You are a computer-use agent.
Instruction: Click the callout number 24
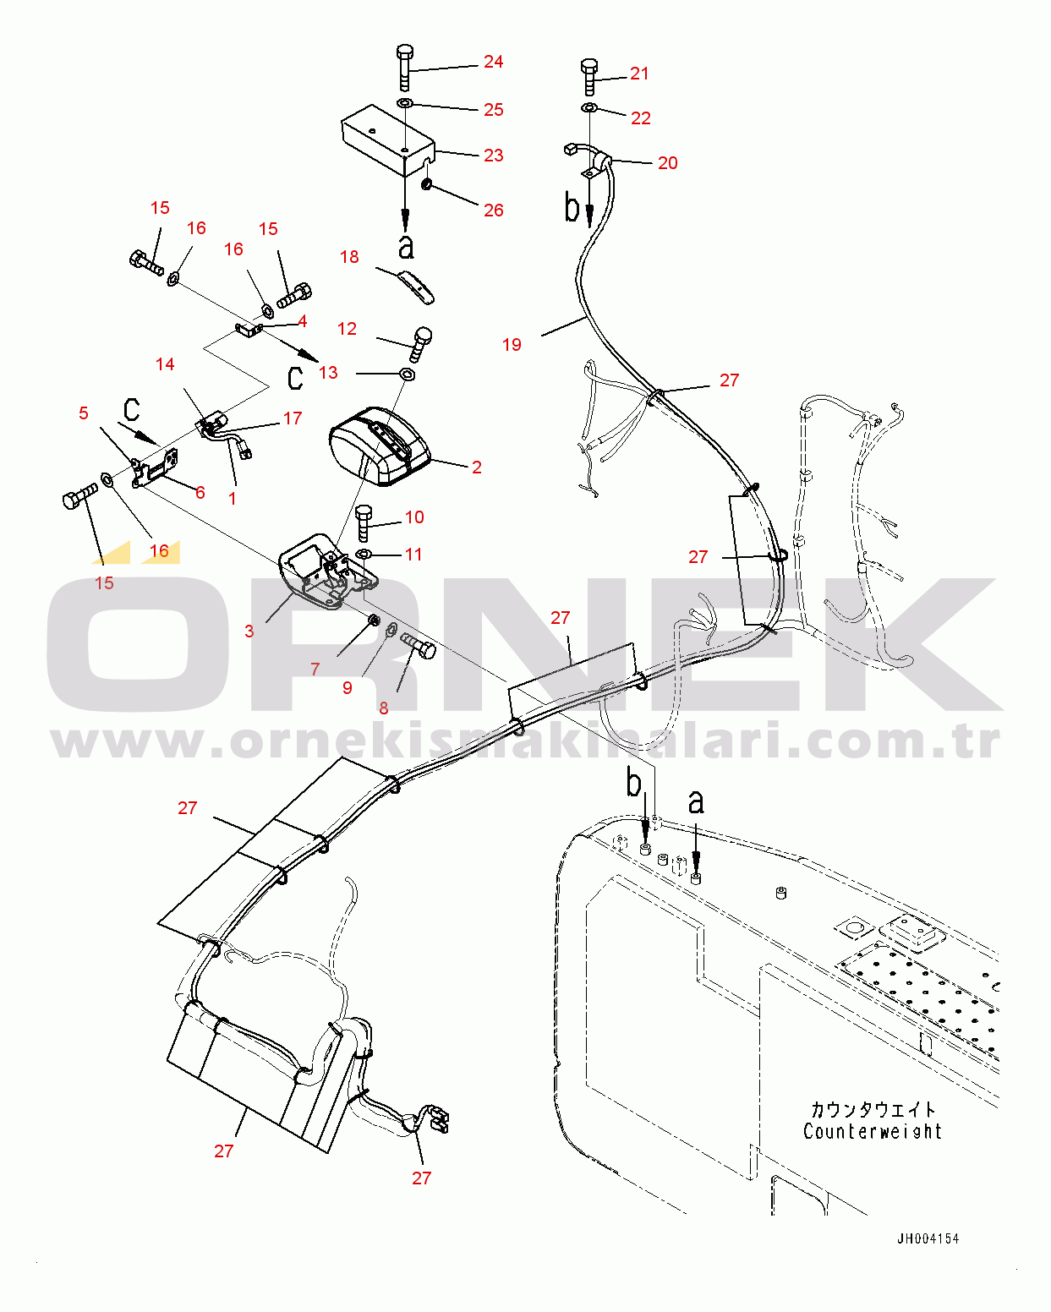493,62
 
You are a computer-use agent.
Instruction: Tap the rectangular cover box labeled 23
387,140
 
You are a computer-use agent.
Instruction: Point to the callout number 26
493,210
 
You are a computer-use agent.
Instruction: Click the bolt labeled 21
589,77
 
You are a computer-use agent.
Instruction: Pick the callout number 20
667,163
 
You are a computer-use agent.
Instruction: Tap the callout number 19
512,344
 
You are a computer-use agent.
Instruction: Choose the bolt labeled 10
364,522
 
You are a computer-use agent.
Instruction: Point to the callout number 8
383,708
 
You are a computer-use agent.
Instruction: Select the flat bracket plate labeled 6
155,467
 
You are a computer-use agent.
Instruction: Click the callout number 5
84,413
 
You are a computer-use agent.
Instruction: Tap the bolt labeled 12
421,344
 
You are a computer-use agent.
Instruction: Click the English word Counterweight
873,1131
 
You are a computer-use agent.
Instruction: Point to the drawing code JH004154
928,1238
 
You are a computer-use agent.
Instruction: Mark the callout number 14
165,364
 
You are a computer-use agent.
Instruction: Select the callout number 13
327,373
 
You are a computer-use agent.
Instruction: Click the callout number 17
293,418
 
